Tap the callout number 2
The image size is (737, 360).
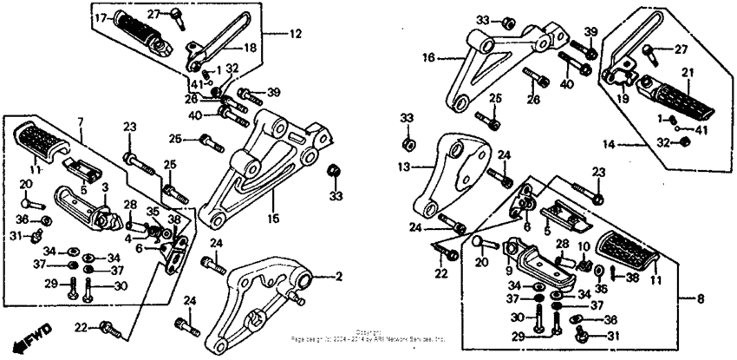tap(339, 277)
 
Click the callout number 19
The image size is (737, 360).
tap(623, 99)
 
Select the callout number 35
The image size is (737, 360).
tap(153, 211)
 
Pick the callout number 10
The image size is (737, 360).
tap(583, 247)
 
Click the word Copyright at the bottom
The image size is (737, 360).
tap(368, 331)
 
